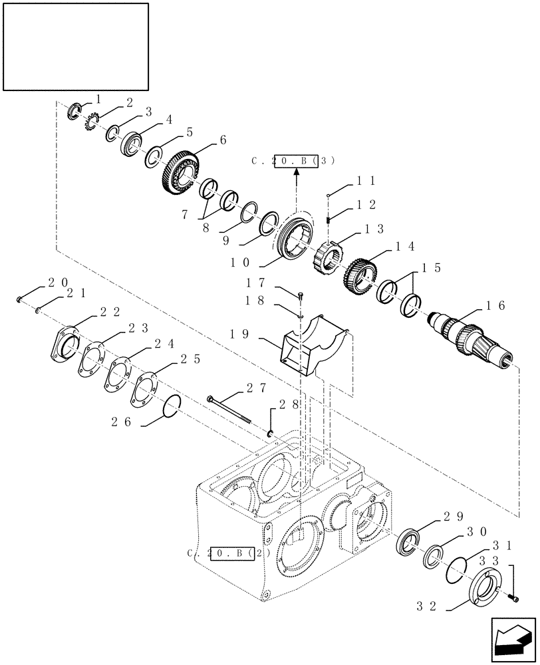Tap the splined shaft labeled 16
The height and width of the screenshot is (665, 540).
[470, 338]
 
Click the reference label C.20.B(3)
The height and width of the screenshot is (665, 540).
[293, 161]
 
